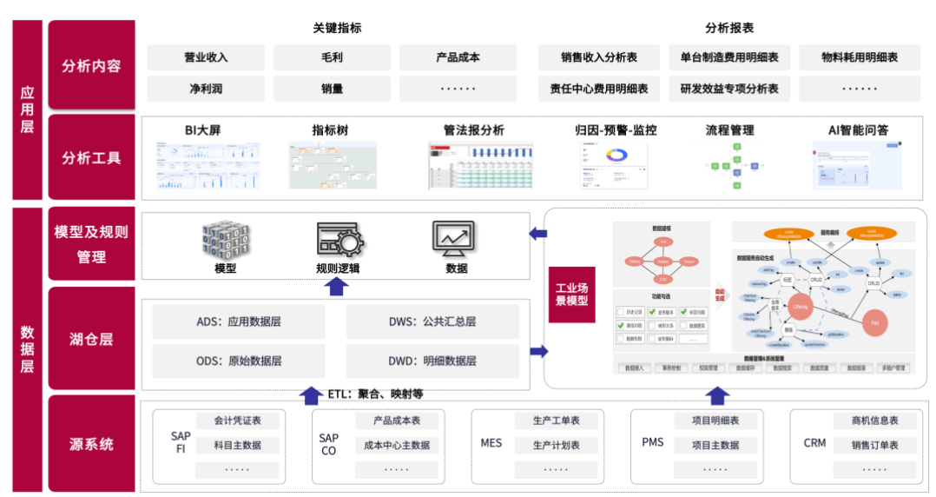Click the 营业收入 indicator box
pyautogui.click(x=206, y=58)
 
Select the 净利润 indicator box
pyautogui.click(x=206, y=89)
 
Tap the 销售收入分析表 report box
pyautogui.click(x=599, y=58)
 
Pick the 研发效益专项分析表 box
pyautogui.click(x=729, y=89)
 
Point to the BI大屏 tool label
pyautogui.click(x=202, y=130)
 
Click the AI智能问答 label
pyautogui.click(x=858, y=130)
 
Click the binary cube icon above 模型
pyautogui.click(x=225, y=240)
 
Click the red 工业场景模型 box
pyautogui.click(x=571, y=295)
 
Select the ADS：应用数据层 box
pyautogui.click(x=239, y=321)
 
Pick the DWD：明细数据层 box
pyautogui.click(x=432, y=361)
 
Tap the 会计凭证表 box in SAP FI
pyautogui.click(x=238, y=421)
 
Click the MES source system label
pyautogui.click(x=491, y=443)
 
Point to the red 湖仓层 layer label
pyautogui.click(x=92, y=339)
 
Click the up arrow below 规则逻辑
pyautogui.click(x=337, y=287)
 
